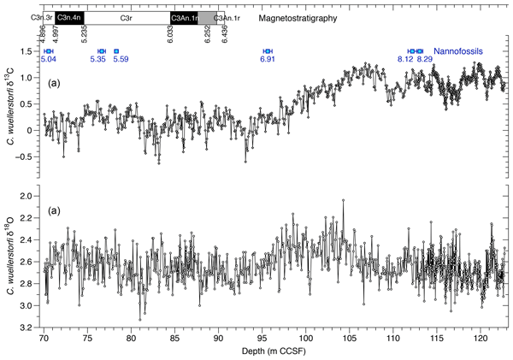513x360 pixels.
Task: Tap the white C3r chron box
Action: tap(126, 17)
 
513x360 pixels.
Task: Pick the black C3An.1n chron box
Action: tap(183, 17)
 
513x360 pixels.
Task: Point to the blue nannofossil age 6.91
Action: tap(267, 59)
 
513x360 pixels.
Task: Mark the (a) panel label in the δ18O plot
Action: tap(53, 210)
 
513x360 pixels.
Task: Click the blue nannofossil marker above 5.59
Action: tap(116, 51)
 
